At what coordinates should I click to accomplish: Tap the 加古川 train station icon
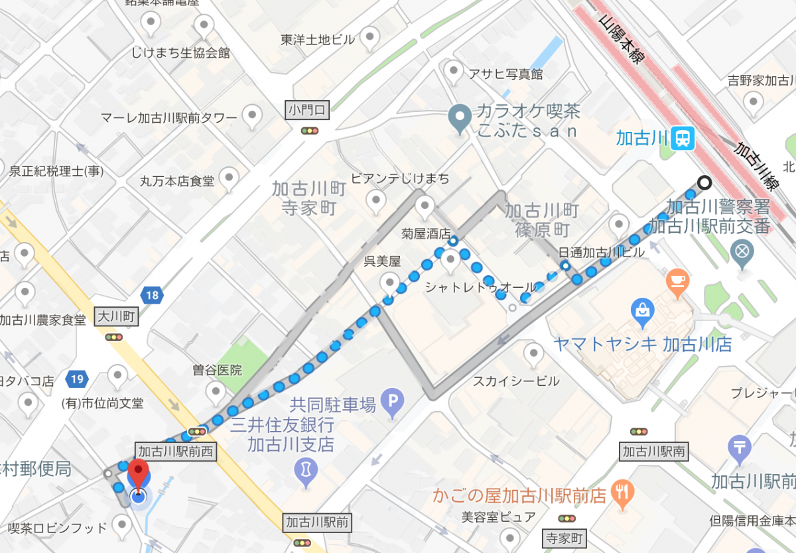point(682,138)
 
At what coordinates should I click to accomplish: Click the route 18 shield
point(153,295)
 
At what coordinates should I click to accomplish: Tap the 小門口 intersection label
point(308,110)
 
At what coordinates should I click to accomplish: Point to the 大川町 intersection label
point(117,317)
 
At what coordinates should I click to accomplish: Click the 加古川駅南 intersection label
point(654,452)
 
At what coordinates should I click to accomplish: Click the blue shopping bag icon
point(643,310)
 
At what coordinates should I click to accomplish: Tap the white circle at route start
point(704,182)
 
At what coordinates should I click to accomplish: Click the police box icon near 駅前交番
point(742,252)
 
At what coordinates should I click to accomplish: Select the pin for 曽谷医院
point(216,392)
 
